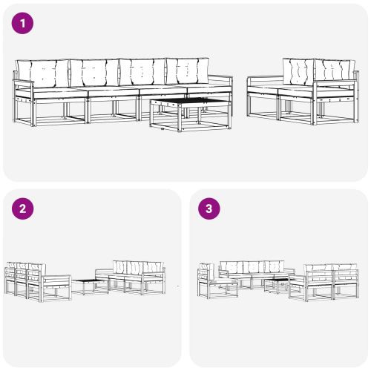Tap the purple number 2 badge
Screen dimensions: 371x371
[x=24, y=209]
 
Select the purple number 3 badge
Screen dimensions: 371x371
[x=209, y=209]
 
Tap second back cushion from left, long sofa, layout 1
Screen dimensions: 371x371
[x=93, y=73]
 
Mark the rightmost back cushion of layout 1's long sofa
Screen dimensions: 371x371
[x=187, y=72]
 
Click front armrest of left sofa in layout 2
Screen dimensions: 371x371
[x=56, y=281]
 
